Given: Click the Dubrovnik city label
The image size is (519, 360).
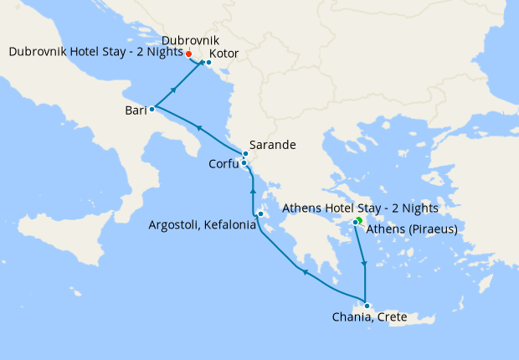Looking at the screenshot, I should (191, 40).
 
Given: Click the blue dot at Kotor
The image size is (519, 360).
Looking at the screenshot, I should (208, 63).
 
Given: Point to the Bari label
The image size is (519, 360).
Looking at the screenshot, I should (134, 111).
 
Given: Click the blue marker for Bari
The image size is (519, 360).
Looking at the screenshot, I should (152, 109).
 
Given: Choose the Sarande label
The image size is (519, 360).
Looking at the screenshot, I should (273, 145).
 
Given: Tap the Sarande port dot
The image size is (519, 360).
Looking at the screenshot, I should (246, 154).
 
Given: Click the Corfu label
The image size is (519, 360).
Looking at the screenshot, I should (224, 164).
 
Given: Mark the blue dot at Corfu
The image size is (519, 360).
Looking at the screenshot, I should (244, 162).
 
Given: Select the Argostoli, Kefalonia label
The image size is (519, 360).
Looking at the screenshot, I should (202, 225).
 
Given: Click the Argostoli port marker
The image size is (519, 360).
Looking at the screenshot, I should (261, 214).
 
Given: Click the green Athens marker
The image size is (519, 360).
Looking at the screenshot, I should (358, 220).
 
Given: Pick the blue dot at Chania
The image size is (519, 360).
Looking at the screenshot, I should (367, 305).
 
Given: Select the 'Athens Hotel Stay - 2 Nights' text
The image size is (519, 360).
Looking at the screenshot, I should (361, 208).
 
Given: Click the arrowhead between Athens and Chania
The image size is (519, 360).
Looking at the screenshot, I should (364, 265).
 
